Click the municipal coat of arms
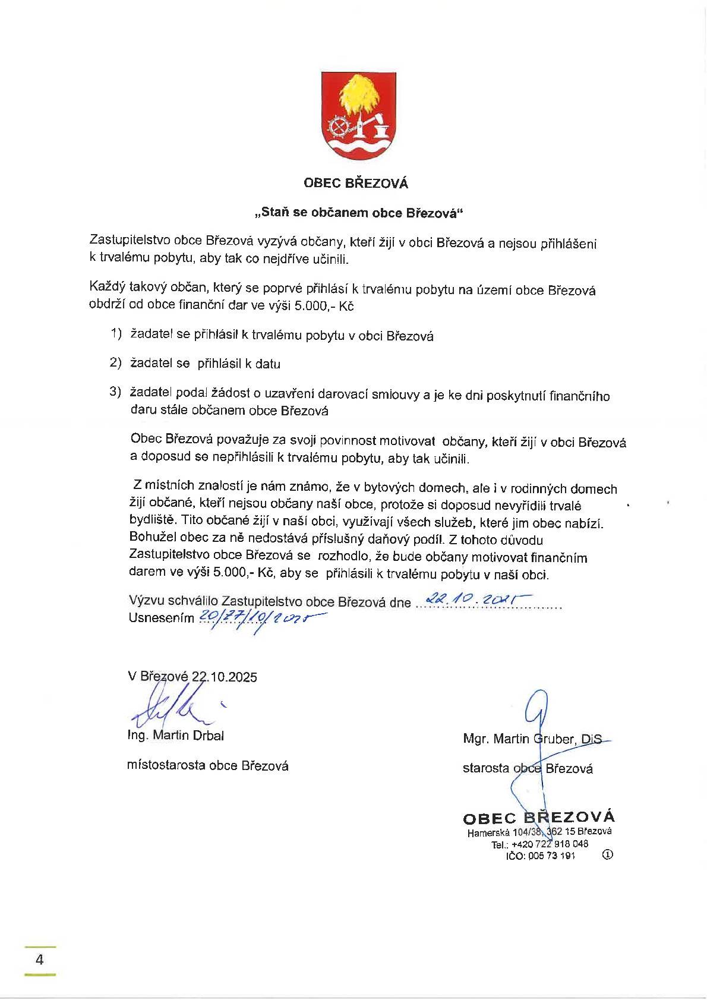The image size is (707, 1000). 359,116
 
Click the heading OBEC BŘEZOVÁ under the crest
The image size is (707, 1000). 356,184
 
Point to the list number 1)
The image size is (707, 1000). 115,334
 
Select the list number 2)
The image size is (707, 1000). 115,362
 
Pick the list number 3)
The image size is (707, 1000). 115,392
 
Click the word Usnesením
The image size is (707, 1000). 161,618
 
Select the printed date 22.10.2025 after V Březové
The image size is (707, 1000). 225,677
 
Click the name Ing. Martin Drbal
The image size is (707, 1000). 176,735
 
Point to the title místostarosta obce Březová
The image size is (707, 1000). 208,766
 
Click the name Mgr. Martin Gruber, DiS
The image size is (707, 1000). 532,739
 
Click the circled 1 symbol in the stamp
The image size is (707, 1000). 607,855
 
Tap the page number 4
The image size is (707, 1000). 40,960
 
